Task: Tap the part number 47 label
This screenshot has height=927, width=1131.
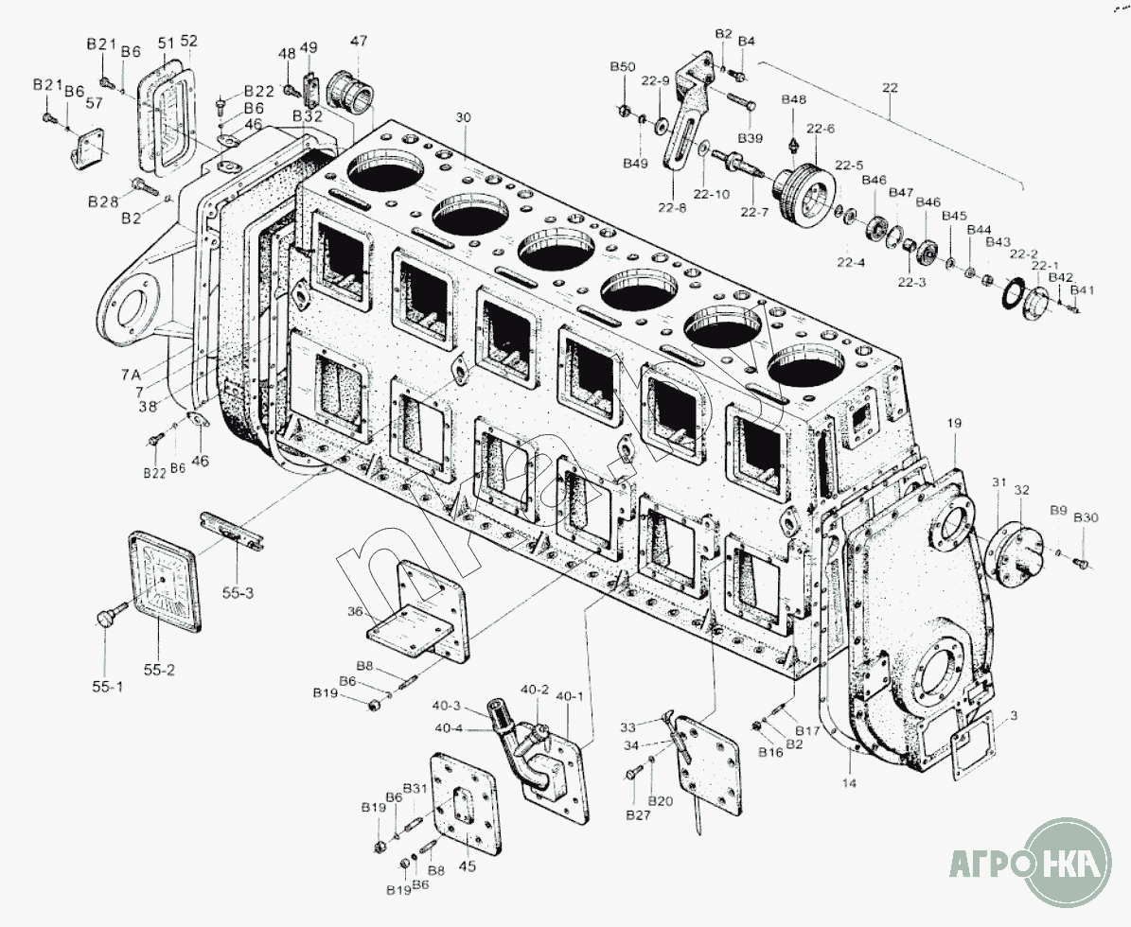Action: tap(359, 41)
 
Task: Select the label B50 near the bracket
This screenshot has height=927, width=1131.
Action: tap(622, 66)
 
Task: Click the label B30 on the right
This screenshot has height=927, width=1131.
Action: tap(1086, 516)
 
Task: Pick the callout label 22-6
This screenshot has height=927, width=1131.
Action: tap(820, 129)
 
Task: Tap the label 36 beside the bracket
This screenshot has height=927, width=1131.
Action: tap(354, 612)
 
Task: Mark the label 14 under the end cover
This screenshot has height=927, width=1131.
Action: tap(850, 783)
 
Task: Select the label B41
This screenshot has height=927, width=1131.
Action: tap(1082, 290)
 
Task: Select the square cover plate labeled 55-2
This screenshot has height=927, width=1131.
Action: tap(165, 579)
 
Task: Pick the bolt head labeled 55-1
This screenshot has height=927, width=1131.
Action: tap(105, 619)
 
